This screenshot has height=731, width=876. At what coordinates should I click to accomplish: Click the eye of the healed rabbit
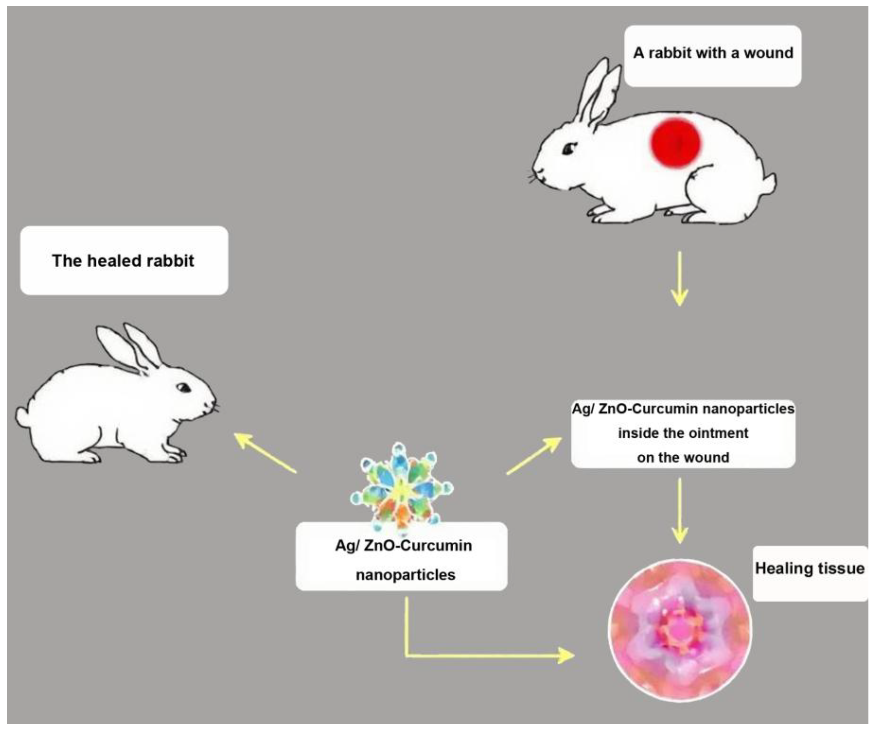[x=183, y=388]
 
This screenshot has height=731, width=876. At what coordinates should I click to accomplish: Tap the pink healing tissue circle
[x=680, y=630]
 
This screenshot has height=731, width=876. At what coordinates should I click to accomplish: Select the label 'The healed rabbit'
[x=123, y=261]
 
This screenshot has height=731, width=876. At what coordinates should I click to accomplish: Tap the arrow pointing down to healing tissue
[x=680, y=510]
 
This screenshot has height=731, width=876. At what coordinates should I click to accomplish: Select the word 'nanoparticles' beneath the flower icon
[x=405, y=575]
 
